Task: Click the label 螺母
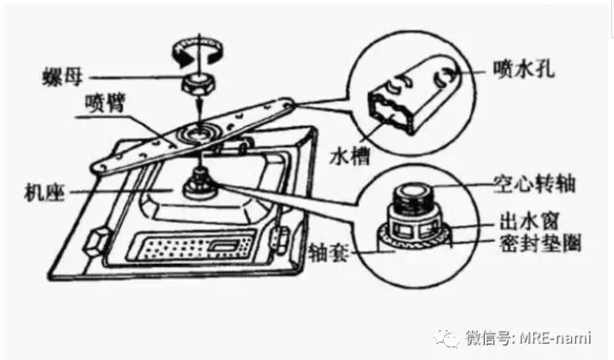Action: click(63, 77)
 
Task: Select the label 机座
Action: click(45, 192)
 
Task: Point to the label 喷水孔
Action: click(524, 69)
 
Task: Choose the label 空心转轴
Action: click(534, 184)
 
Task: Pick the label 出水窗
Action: click(529, 221)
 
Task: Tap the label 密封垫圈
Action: click(540, 243)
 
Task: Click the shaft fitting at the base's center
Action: click(200, 184)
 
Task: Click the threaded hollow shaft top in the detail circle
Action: click(412, 197)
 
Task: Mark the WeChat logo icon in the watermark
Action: click(448, 337)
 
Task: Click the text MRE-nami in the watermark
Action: click(555, 337)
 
